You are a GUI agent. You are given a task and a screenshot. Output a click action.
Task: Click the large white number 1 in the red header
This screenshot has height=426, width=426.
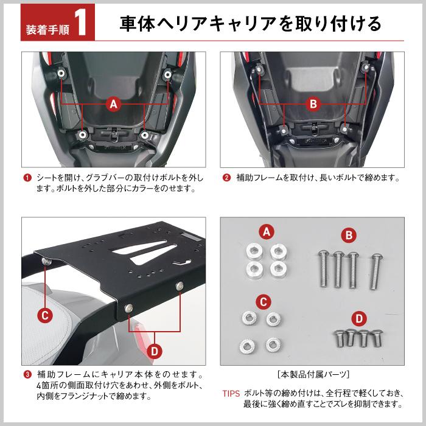point(82,23)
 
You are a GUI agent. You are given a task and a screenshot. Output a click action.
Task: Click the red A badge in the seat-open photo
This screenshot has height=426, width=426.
point(114,104)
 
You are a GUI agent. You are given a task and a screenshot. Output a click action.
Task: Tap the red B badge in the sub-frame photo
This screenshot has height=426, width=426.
point(313,104)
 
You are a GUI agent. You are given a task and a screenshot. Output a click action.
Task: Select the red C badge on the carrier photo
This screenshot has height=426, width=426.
point(45,315)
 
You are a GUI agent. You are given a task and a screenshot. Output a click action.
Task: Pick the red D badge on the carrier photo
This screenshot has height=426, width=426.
point(155,351)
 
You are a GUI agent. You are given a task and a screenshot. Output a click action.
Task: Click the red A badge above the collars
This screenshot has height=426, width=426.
point(267,232)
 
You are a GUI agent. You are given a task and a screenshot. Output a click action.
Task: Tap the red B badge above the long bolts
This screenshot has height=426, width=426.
point(349,236)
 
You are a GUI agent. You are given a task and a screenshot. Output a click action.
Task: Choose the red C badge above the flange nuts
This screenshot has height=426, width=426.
point(264,302)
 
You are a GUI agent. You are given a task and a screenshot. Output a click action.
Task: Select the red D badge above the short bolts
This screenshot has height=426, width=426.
point(359,318)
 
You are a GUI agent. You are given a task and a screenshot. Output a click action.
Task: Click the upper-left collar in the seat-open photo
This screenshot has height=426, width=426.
point(61,73)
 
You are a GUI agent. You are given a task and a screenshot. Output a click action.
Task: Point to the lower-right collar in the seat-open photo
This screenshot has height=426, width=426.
point(145,134)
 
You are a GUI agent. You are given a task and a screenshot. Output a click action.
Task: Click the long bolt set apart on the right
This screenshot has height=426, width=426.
point(375,271)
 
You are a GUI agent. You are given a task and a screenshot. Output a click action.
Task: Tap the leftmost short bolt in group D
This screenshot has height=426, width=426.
point(339,338)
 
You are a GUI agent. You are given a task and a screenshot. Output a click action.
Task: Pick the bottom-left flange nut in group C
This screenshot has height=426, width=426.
point(247,346)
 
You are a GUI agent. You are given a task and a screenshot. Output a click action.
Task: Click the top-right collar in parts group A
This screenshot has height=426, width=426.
point(279,251)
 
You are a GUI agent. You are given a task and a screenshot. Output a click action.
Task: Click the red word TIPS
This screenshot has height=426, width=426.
point(231,393)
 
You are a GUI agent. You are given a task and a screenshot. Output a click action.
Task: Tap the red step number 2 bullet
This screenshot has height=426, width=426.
point(226,178)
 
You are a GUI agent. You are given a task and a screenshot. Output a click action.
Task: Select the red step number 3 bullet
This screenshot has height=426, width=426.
point(27,375)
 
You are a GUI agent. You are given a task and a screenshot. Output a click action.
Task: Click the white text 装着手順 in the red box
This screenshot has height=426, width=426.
point(47,30)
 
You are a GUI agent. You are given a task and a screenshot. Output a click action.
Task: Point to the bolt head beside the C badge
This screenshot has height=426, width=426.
point(46,261)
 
